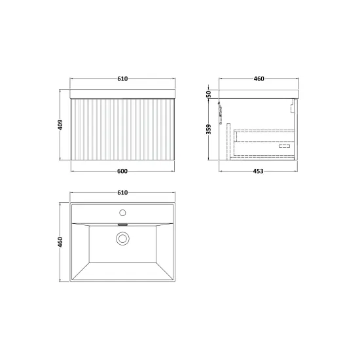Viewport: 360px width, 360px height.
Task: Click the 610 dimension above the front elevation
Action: pos(122,79)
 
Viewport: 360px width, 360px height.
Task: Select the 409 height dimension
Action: pos(60,124)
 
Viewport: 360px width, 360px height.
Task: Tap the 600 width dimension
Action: pos(122,171)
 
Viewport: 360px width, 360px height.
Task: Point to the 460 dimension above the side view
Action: pos(259,79)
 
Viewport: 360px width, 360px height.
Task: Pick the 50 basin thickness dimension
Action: pos(208,94)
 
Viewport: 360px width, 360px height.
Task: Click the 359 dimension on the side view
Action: pos(208,129)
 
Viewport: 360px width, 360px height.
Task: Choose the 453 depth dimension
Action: pos(258,171)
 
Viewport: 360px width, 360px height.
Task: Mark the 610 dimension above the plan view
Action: pos(122,192)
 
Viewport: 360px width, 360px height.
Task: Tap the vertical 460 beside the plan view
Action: pos(60,242)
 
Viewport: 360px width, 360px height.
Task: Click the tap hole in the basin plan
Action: pos(122,213)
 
